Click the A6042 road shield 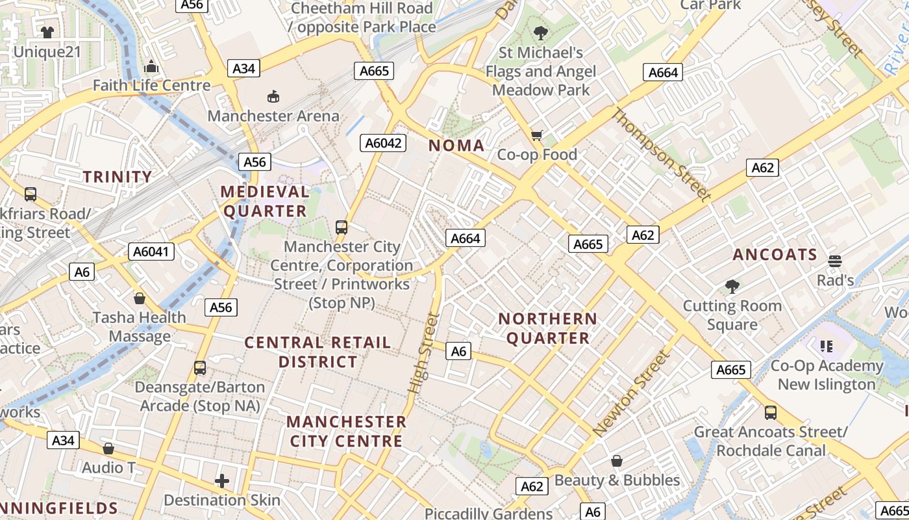click(384, 143)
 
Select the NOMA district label click(456, 146)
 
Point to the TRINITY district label click(118, 177)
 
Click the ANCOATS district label click(775, 254)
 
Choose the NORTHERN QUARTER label click(547, 328)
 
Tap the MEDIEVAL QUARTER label click(265, 201)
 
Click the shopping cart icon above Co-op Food click(537, 135)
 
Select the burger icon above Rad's click(835, 261)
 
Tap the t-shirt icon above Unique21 click(47, 32)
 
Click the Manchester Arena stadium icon click(273, 97)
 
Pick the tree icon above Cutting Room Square click(732, 286)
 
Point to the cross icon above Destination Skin click(222, 481)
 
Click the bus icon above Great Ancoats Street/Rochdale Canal click(771, 412)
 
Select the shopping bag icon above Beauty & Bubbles click(617, 461)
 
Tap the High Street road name click(425, 354)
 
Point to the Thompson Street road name click(661, 154)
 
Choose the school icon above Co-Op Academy click(827, 346)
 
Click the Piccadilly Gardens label click(488, 513)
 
